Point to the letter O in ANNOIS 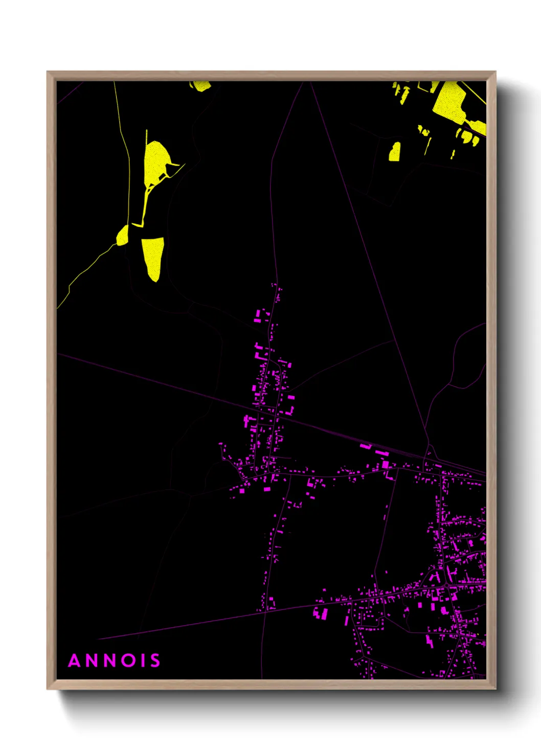[131, 660]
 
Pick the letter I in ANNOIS [144, 660]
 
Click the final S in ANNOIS [155, 660]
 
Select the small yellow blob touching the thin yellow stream [123, 235]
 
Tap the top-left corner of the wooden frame [48, 72]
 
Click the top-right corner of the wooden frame [495, 72]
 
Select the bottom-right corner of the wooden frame [495, 689]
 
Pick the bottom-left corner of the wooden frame [48, 689]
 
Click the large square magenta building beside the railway [385, 464]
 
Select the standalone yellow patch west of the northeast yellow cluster [395, 152]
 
